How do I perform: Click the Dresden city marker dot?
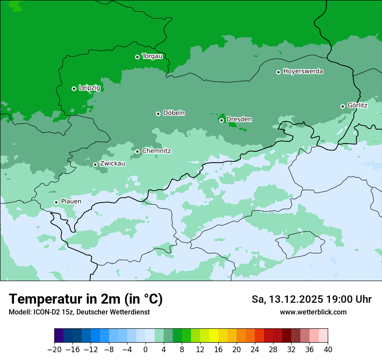pyautogui.click(x=221, y=120)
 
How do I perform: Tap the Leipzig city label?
pyautogui.click(x=89, y=88)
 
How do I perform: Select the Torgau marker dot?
pyautogui.click(x=137, y=57)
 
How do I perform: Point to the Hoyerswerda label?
pyautogui.click(x=303, y=72)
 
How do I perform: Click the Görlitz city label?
pyautogui.click(x=357, y=105)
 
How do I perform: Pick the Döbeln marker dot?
pyautogui.click(x=158, y=114)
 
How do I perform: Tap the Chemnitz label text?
pyautogui.click(x=156, y=151)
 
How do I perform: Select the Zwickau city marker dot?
pyautogui.click(x=95, y=164)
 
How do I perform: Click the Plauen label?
pyautogui.click(x=71, y=202)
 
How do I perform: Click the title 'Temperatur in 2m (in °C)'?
pyautogui.click(x=86, y=299)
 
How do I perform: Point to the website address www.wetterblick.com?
pyautogui.click(x=313, y=312)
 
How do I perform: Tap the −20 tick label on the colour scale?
pyautogui.click(x=54, y=350)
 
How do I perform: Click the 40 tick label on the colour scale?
pyautogui.click(x=328, y=350)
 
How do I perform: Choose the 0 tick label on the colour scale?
pyautogui.click(x=145, y=350)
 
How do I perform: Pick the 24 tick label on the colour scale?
pyautogui.click(x=255, y=350)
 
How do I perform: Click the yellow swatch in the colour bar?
pyautogui.click(x=214, y=336)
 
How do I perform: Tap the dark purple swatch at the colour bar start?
pyautogui.click(x=59, y=336)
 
